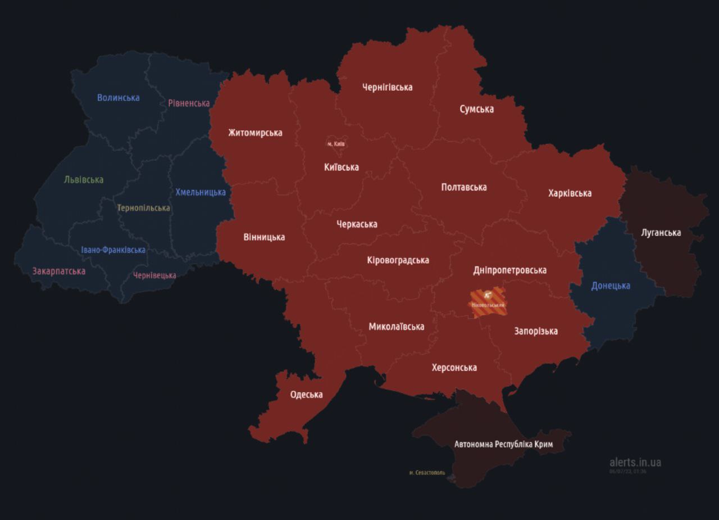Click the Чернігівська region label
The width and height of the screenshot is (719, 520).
(387, 87)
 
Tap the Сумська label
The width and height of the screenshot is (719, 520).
(476, 109)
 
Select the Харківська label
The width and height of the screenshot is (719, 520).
(570, 193)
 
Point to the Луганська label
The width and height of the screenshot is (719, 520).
(661, 233)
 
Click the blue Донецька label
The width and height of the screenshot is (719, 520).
(611, 286)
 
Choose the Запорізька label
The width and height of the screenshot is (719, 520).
(536, 331)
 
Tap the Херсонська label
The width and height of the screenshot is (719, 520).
(454, 368)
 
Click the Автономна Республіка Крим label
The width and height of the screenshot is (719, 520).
(503, 444)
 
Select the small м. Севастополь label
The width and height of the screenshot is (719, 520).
(427, 473)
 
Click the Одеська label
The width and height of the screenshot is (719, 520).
(306, 395)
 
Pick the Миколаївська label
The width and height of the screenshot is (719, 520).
(396, 327)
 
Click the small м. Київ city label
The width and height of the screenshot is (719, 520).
(336, 144)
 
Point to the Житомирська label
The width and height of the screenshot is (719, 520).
(255, 133)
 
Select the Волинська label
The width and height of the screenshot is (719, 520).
(118, 98)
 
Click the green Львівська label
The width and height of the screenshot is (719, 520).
(84, 180)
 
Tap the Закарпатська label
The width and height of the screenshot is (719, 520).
(58, 272)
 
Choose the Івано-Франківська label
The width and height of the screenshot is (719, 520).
(113, 250)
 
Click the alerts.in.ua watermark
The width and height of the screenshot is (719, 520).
(635, 463)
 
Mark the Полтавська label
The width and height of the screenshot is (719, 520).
(463, 187)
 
